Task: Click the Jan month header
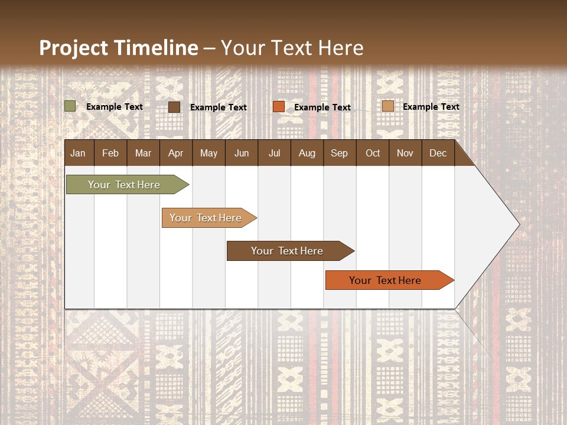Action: (x=78, y=153)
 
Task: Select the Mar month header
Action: (x=143, y=153)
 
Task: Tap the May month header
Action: (x=208, y=153)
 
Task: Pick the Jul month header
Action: (x=274, y=153)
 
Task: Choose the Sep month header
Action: (x=339, y=153)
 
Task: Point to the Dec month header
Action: (x=438, y=153)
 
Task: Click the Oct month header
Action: (x=373, y=153)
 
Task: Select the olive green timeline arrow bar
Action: (x=124, y=185)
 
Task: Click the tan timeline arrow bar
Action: (x=206, y=218)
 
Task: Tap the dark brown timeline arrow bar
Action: (x=287, y=251)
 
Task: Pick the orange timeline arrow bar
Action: (x=385, y=280)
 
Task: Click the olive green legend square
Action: (x=70, y=106)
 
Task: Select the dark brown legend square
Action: (x=174, y=107)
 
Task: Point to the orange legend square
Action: (x=279, y=106)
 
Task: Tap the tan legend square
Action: (x=387, y=106)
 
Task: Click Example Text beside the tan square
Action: (x=431, y=107)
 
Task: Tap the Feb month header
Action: (x=110, y=153)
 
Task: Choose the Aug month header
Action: (x=307, y=153)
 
